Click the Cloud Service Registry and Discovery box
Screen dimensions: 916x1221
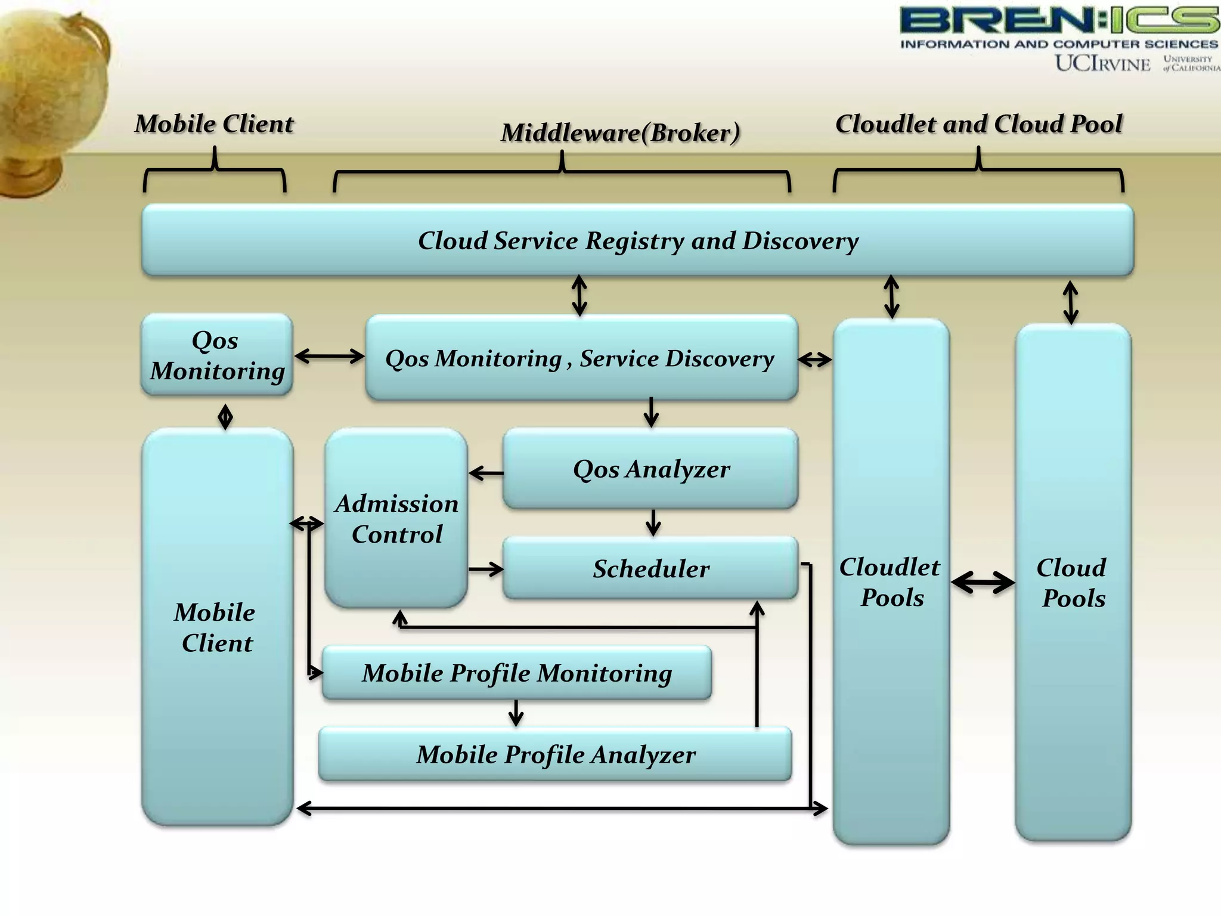click(x=637, y=240)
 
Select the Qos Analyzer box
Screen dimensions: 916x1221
click(x=650, y=469)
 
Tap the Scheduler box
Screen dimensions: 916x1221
click(x=650, y=568)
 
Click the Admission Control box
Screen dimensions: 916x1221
click(x=396, y=518)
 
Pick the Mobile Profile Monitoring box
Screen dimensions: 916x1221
click(x=516, y=673)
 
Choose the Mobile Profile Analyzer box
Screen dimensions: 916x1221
click(x=555, y=754)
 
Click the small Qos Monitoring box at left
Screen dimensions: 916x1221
click(x=217, y=355)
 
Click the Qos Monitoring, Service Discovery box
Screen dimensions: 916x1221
click(x=581, y=358)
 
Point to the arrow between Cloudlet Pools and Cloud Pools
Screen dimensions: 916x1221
click(x=983, y=582)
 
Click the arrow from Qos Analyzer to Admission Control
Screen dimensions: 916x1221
click(x=486, y=474)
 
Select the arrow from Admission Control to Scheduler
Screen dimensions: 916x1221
click(x=486, y=570)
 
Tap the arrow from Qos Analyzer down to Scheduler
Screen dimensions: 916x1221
click(x=653, y=522)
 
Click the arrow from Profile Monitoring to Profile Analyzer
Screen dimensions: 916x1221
click(x=516, y=713)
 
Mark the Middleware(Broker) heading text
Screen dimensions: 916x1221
click(x=620, y=133)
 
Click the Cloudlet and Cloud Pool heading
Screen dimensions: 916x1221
click(x=978, y=124)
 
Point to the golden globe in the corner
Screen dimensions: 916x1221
click(x=48, y=95)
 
